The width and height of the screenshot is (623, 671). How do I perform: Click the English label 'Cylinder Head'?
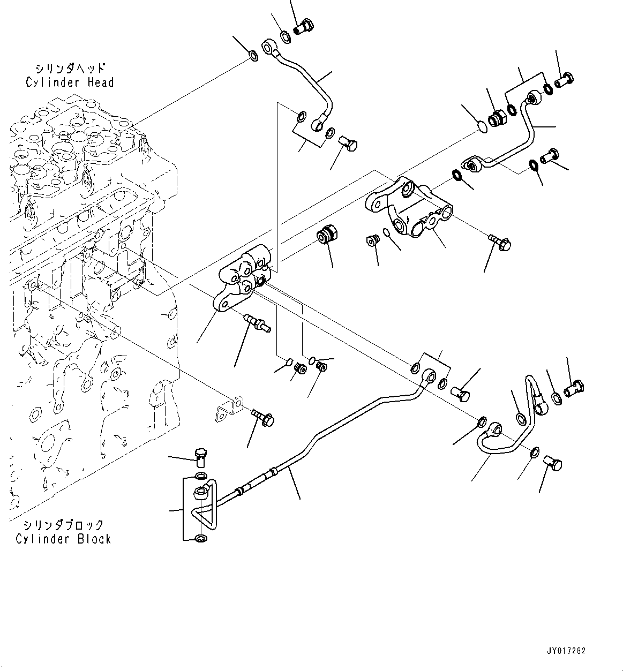70,82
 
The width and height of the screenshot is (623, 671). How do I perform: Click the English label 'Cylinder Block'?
63,539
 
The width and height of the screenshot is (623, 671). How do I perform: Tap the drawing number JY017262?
566,651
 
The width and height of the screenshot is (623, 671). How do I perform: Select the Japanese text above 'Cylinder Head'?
70,69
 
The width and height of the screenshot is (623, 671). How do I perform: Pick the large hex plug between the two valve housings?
326,236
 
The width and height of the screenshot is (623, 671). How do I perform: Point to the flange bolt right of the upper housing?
500,243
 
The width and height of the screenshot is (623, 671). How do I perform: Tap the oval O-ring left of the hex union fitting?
481,127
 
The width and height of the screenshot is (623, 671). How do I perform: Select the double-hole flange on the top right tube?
472,163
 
